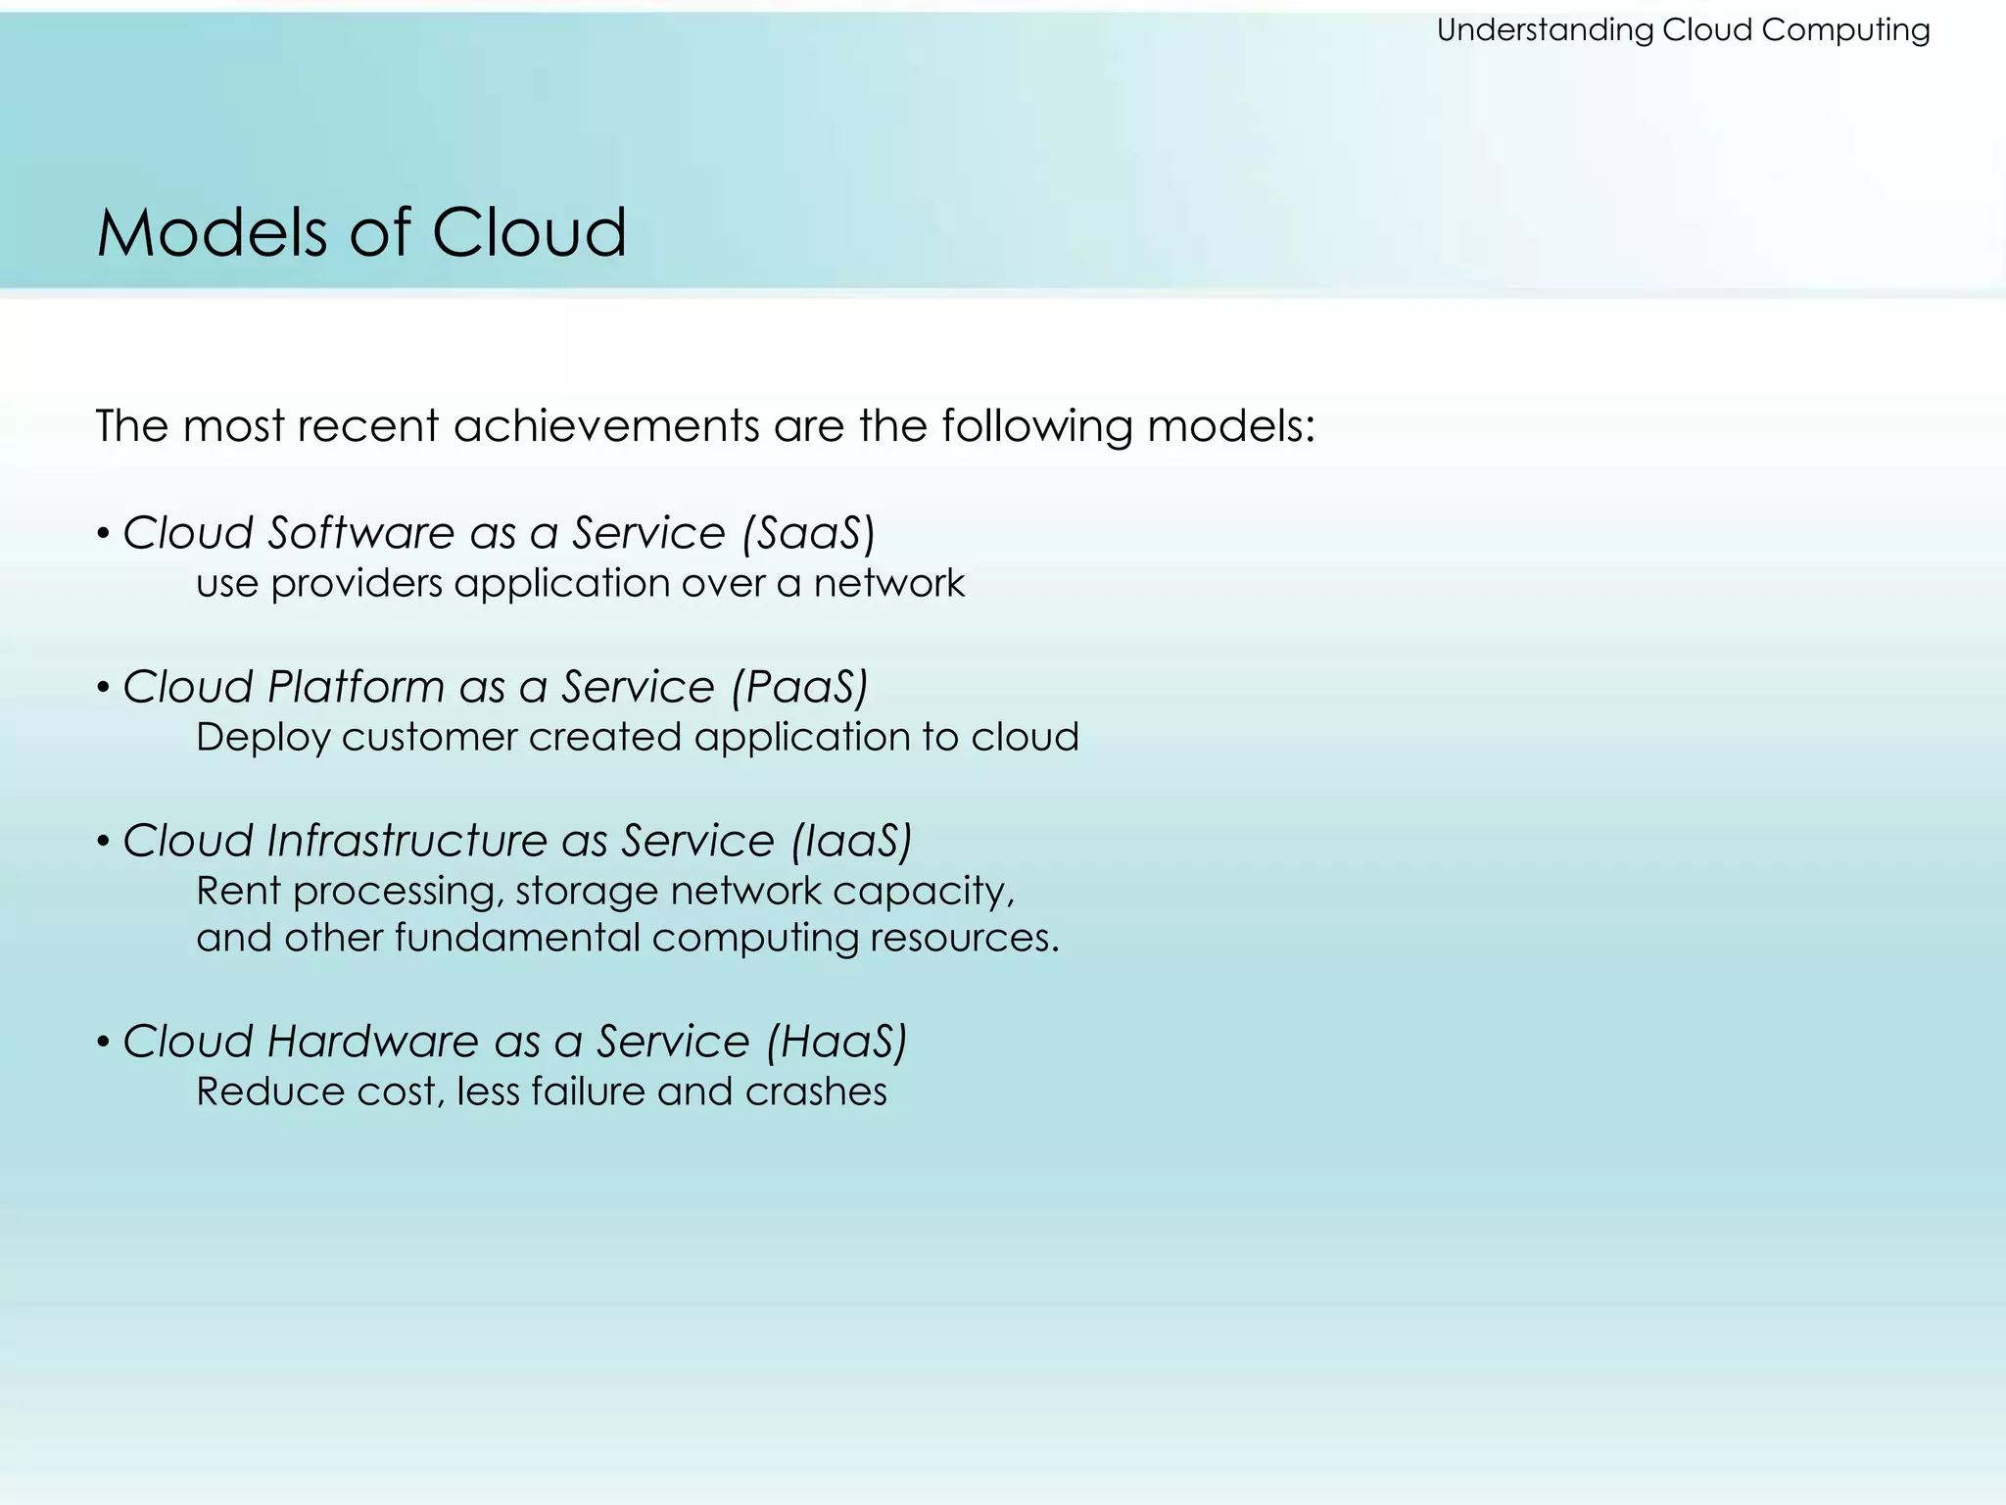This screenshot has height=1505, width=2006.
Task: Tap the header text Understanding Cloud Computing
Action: [1683, 30]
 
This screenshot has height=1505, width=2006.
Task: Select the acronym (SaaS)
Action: [808, 533]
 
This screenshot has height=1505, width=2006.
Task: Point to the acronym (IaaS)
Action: [851, 841]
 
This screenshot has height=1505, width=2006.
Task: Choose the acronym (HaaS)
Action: [836, 1042]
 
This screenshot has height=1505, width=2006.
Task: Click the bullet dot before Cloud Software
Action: [103, 535]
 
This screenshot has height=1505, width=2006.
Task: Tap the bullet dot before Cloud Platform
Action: [103, 689]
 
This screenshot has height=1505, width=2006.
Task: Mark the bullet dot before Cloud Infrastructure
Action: [103, 843]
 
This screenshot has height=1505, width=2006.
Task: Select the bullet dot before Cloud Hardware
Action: [103, 1044]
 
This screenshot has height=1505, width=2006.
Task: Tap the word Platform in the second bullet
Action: [356, 687]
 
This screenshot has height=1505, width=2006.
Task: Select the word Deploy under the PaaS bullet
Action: [263, 738]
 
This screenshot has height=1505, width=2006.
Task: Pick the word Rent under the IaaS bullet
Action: [238, 892]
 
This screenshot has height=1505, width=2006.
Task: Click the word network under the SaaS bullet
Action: [888, 584]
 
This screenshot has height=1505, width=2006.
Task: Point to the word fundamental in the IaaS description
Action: [516, 939]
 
